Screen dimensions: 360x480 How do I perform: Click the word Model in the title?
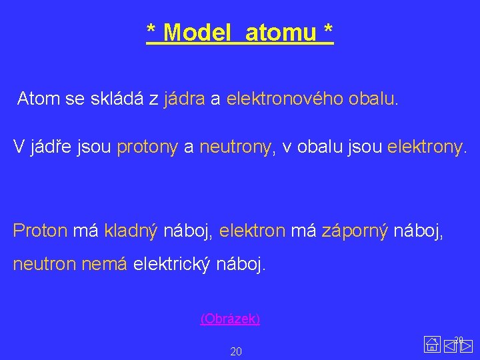[x=197, y=32]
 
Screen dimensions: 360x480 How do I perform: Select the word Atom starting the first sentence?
[x=39, y=100]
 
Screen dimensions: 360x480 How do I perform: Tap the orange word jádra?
[x=184, y=100]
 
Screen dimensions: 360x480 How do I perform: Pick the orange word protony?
[x=147, y=147]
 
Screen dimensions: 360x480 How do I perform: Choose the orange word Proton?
[x=40, y=231]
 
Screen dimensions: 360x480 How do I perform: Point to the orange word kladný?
[x=131, y=231]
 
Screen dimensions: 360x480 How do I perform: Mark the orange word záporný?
[x=355, y=231]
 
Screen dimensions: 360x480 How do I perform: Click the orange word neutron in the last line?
[x=45, y=265]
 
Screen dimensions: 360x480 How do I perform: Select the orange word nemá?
[x=104, y=265]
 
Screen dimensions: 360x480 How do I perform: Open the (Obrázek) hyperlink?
[x=230, y=319]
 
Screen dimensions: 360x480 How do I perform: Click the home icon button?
[x=431, y=345]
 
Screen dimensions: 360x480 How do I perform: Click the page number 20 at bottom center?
[x=236, y=351]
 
